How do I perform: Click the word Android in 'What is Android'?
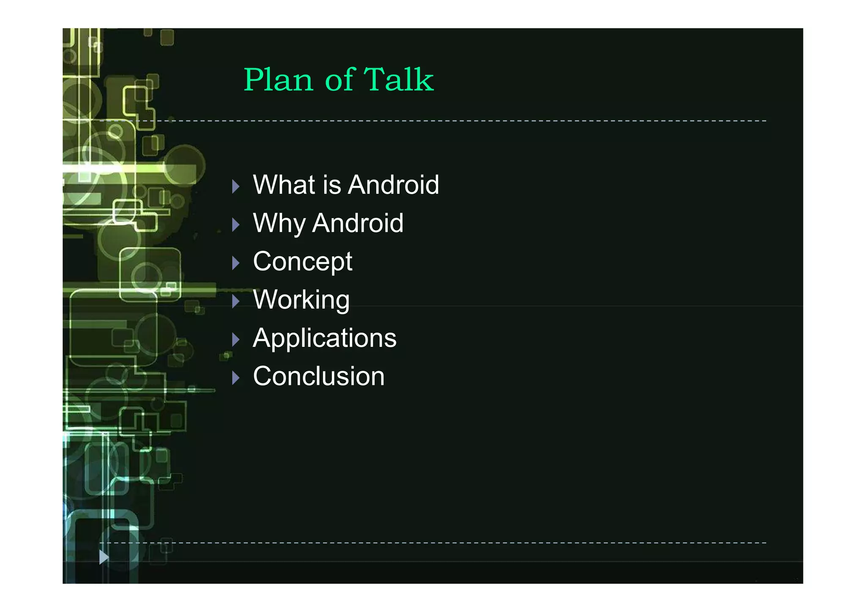394,185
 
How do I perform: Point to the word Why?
279,223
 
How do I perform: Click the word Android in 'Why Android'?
358,223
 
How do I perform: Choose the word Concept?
302,262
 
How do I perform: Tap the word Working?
301,300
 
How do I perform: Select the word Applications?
324,338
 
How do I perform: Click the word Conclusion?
318,376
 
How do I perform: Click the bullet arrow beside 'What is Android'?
236,187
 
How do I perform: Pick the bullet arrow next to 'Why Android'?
236,225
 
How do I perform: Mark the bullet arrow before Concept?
236,263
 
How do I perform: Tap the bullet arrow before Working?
236,301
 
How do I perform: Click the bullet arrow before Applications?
236,339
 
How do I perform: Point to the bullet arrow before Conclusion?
236,378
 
